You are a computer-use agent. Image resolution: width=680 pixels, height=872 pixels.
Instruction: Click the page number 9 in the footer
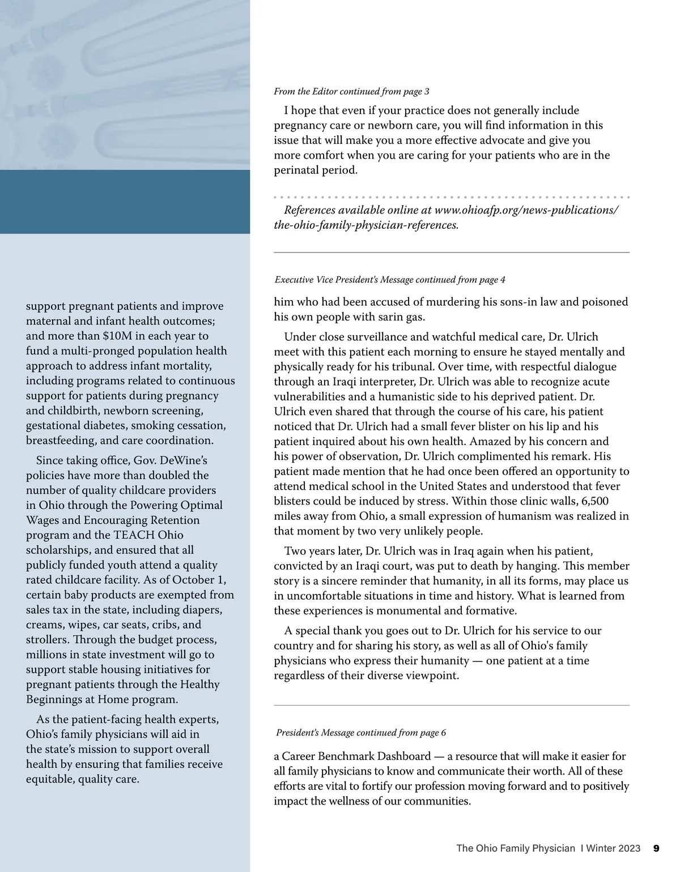656,848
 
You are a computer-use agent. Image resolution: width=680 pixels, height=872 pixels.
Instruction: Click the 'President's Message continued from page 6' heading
361,733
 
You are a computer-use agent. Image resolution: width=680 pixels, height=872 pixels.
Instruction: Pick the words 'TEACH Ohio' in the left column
148,535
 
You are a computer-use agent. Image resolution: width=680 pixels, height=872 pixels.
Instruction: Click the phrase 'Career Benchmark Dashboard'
356,756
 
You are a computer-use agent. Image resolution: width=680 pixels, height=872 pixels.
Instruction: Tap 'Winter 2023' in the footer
613,848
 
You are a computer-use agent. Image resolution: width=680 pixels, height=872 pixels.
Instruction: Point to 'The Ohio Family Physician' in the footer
516,848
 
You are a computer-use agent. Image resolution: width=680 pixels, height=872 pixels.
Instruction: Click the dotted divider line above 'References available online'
452,197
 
